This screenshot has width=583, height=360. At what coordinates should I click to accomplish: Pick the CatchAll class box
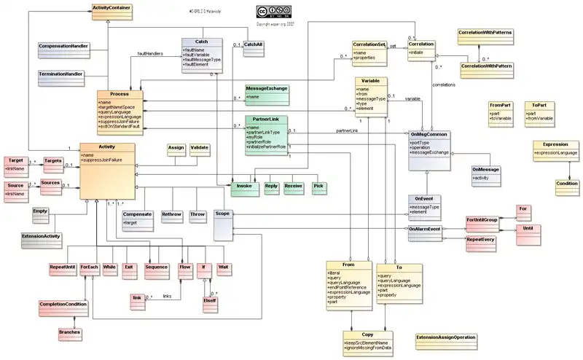252,46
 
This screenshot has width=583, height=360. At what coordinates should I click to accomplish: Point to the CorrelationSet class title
369,44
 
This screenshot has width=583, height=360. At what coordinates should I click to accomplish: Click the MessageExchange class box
267,92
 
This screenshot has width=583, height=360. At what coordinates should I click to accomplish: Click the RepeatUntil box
62,267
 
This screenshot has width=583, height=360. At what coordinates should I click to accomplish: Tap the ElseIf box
211,300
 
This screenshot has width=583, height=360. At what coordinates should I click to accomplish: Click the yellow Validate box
199,149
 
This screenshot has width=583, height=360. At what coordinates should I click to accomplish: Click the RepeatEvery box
481,238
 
